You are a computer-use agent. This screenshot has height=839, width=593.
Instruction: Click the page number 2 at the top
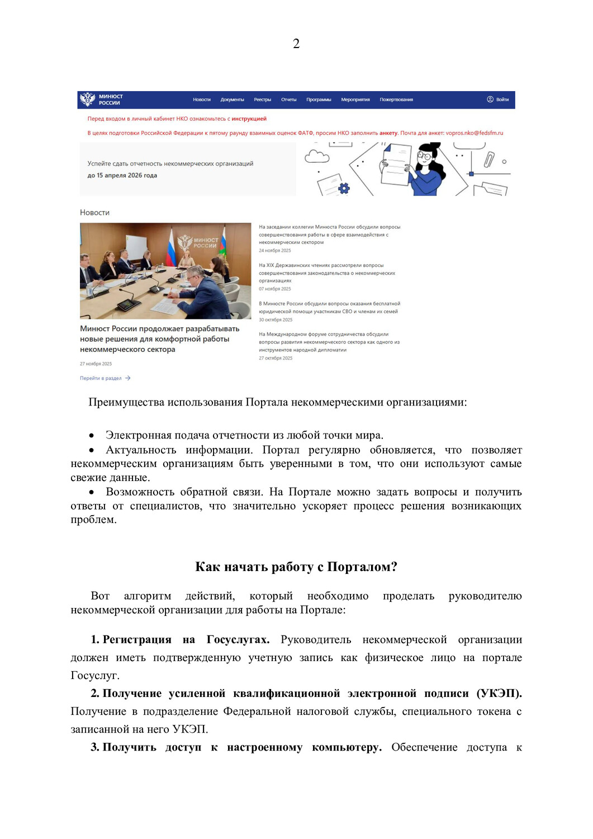[x=296, y=44]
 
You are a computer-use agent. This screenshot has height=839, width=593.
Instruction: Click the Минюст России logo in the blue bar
[x=102, y=100]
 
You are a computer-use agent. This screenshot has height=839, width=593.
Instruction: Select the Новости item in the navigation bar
[x=202, y=100]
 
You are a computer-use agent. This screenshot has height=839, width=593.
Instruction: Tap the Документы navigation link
[x=232, y=100]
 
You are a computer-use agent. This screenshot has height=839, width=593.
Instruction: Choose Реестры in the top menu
[x=262, y=100]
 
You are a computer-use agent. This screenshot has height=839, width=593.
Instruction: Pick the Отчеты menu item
[x=288, y=100]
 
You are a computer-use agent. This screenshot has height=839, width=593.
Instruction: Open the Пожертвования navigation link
[x=396, y=100]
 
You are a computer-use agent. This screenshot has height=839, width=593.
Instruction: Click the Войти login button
[x=498, y=100]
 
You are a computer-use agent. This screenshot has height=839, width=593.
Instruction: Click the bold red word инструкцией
[x=249, y=119]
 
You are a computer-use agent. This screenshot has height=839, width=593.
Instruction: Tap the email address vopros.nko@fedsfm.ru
[x=475, y=133]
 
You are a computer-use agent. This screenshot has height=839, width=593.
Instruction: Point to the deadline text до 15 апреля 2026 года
[x=122, y=175]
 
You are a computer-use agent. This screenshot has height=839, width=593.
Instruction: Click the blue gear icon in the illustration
[x=344, y=188]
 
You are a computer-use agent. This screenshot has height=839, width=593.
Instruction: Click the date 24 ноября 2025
[x=274, y=251]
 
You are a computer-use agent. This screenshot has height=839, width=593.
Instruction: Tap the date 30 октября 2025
[x=276, y=320]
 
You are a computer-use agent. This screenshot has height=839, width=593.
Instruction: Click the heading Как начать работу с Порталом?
[x=296, y=567]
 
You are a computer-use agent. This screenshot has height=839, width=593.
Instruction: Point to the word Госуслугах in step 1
[x=238, y=639]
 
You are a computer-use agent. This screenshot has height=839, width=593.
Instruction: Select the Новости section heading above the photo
[x=94, y=213]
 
